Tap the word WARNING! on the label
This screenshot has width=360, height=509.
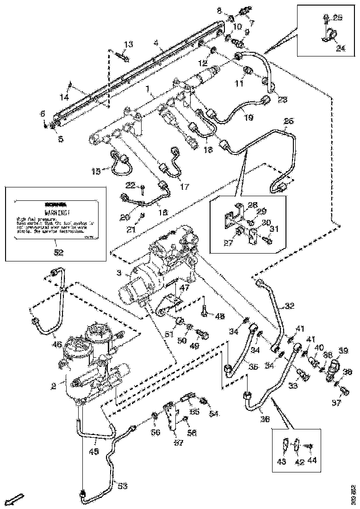57,212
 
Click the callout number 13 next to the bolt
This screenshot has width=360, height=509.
128,44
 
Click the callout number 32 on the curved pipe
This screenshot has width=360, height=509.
289,306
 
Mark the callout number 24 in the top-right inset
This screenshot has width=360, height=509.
341,48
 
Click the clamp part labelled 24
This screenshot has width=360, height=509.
328,35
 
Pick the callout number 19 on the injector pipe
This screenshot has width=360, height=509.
248,118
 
